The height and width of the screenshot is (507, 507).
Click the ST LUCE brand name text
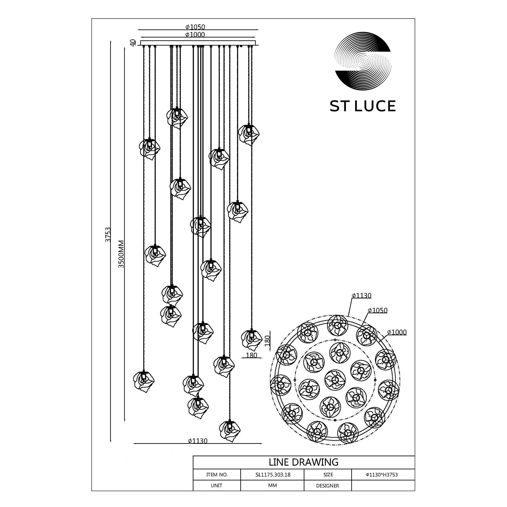pos(363,106)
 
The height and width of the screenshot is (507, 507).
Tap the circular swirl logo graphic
pos(363,62)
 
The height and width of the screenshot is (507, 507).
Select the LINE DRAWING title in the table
pos(304,462)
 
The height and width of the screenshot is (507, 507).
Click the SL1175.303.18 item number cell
pos(273,475)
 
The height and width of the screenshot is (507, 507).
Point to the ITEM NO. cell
pos(217,475)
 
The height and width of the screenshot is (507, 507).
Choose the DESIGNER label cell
pos(328,486)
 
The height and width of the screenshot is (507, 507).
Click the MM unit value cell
pos(273,485)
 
